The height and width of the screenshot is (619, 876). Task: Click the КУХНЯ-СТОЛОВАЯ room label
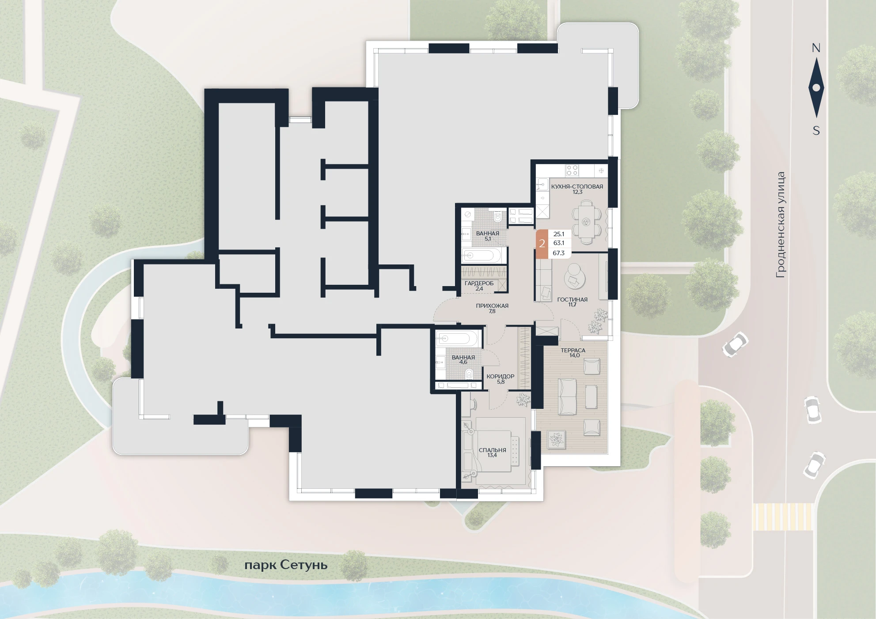click(x=577, y=186)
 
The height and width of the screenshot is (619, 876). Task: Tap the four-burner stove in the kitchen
click(x=572, y=170)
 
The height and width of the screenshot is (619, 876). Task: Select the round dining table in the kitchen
click(x=587, y=221)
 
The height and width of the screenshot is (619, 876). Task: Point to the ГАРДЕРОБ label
click(x=479, y=283)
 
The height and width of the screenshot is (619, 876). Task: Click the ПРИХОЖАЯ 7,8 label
click(x=492, y=308)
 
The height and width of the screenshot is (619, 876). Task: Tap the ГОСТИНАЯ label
click(x=572, y=299)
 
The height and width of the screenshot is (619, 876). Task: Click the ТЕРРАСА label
click(x=573, y=350)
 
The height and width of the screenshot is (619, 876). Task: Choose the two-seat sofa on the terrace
click(x=568, y=396)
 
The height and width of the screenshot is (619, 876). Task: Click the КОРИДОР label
click(x=500, y=376)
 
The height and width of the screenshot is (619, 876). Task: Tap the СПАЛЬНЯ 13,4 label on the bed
click(x=492, y=453)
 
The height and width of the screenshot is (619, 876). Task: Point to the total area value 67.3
click(x=558, y=253)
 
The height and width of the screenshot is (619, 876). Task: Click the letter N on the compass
click(x=816, y=48)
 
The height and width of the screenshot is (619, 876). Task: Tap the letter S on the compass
click(x=816, y=131)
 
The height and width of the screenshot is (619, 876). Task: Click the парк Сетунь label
click(x=286, y=565)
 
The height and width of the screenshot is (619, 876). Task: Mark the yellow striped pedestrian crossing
click(x=783, y=517)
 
